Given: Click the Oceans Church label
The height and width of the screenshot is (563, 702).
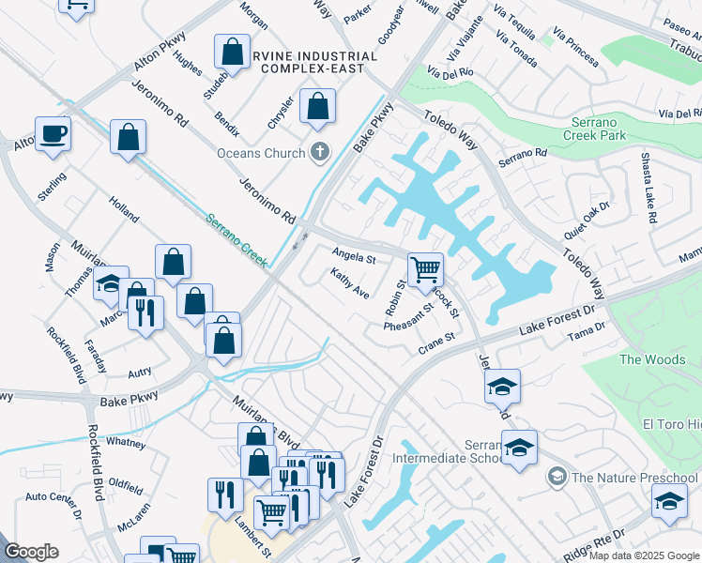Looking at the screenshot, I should pos(261,153).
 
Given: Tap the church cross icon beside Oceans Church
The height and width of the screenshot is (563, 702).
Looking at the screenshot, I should pos(320,151).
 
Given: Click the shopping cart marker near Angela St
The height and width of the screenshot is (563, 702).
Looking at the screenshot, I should pos(425,271).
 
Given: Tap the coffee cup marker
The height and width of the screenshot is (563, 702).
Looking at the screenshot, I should pos(53,134).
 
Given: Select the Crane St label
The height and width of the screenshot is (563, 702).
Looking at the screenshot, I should pos(436,338).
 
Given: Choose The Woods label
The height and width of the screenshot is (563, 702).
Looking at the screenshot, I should pos(652,359).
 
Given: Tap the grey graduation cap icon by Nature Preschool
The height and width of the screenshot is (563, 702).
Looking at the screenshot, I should pos(557,478).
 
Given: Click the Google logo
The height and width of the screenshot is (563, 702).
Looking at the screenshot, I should pos(31,552).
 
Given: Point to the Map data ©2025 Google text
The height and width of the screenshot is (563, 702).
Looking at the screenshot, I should pos(644,555).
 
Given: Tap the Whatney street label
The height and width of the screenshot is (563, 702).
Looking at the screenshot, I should pos(126,441).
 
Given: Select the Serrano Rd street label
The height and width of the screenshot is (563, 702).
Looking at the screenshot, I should pos(523,158).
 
